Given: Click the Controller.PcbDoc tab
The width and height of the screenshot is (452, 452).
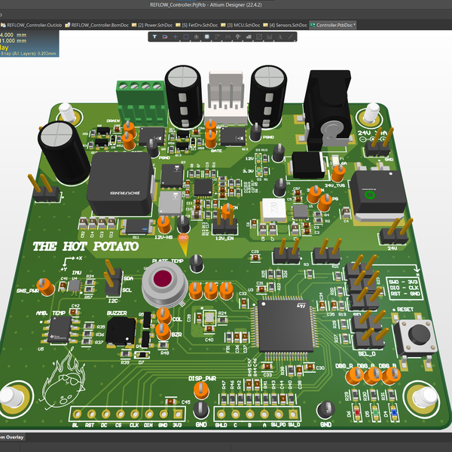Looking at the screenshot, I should point(336,25).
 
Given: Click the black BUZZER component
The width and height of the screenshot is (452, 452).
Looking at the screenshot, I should point(121,331).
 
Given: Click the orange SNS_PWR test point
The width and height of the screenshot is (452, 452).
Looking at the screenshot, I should point(46,286).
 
